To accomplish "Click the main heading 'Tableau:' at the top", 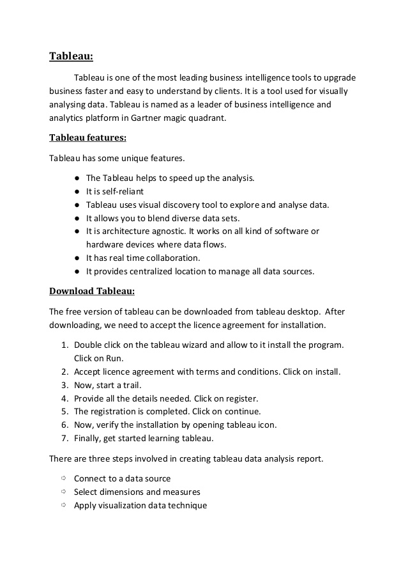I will pos(71,57).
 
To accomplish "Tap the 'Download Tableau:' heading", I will pos(92,292).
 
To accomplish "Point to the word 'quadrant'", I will pos(207,118).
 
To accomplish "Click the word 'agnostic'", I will pos(169,231).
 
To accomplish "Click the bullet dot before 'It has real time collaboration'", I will pos(77,258).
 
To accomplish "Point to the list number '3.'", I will pos(64,385).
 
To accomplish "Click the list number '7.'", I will pos(64,439).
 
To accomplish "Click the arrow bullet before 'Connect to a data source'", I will pos(64,478).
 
